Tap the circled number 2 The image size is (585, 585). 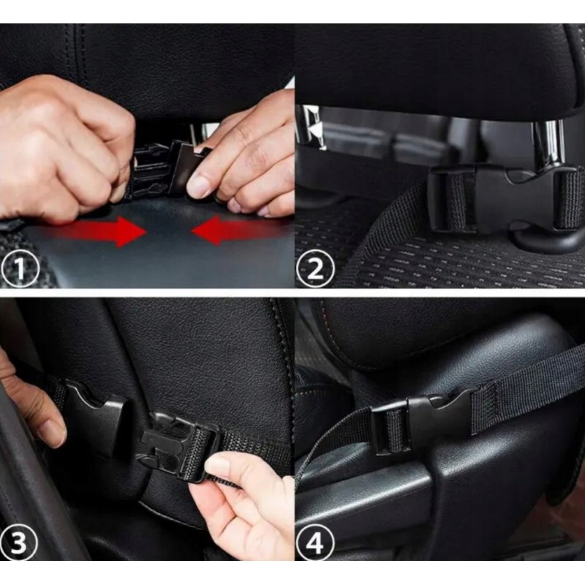[315, 268]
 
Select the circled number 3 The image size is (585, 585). [19, 542]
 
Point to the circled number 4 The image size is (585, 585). [315, 541]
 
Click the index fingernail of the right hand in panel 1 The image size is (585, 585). [200, 186]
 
